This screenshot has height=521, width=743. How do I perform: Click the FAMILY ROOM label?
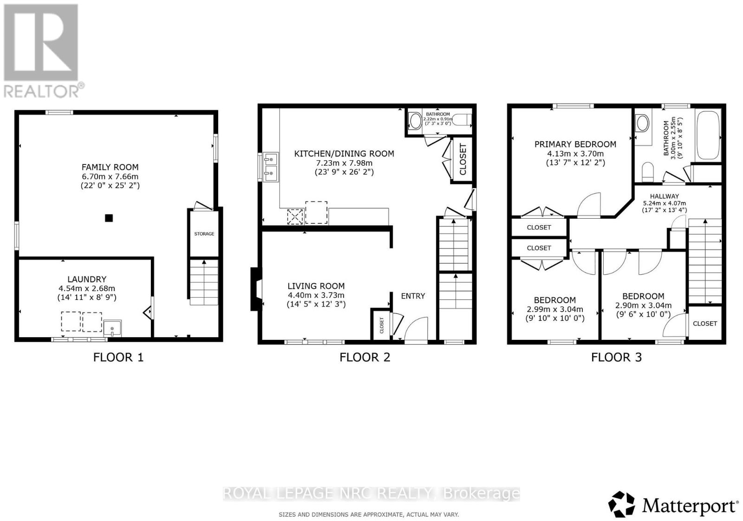click(110, 167)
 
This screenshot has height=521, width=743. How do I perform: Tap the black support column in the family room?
click(109, 218)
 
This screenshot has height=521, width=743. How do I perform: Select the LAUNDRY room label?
click(87, 279)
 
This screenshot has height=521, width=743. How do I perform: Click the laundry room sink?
click(112, 327)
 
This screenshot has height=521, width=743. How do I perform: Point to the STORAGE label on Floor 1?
click(204, 234)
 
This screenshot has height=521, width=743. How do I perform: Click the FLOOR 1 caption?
click(118, 357)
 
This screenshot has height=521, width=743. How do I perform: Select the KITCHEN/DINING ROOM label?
click(344, 154)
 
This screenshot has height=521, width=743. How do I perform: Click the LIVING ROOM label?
click(316, 286)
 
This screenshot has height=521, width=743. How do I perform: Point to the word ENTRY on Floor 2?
click(413, 296)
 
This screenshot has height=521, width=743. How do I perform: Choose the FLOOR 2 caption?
click(365, 357)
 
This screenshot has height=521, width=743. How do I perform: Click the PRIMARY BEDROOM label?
click(575, 144)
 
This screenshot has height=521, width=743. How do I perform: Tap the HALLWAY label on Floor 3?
click(664, 196)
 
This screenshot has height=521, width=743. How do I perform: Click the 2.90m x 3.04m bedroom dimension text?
click(643, 306)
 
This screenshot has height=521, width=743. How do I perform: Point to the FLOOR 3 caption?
click(616, 357)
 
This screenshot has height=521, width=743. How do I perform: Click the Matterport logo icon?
click(621, 504)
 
